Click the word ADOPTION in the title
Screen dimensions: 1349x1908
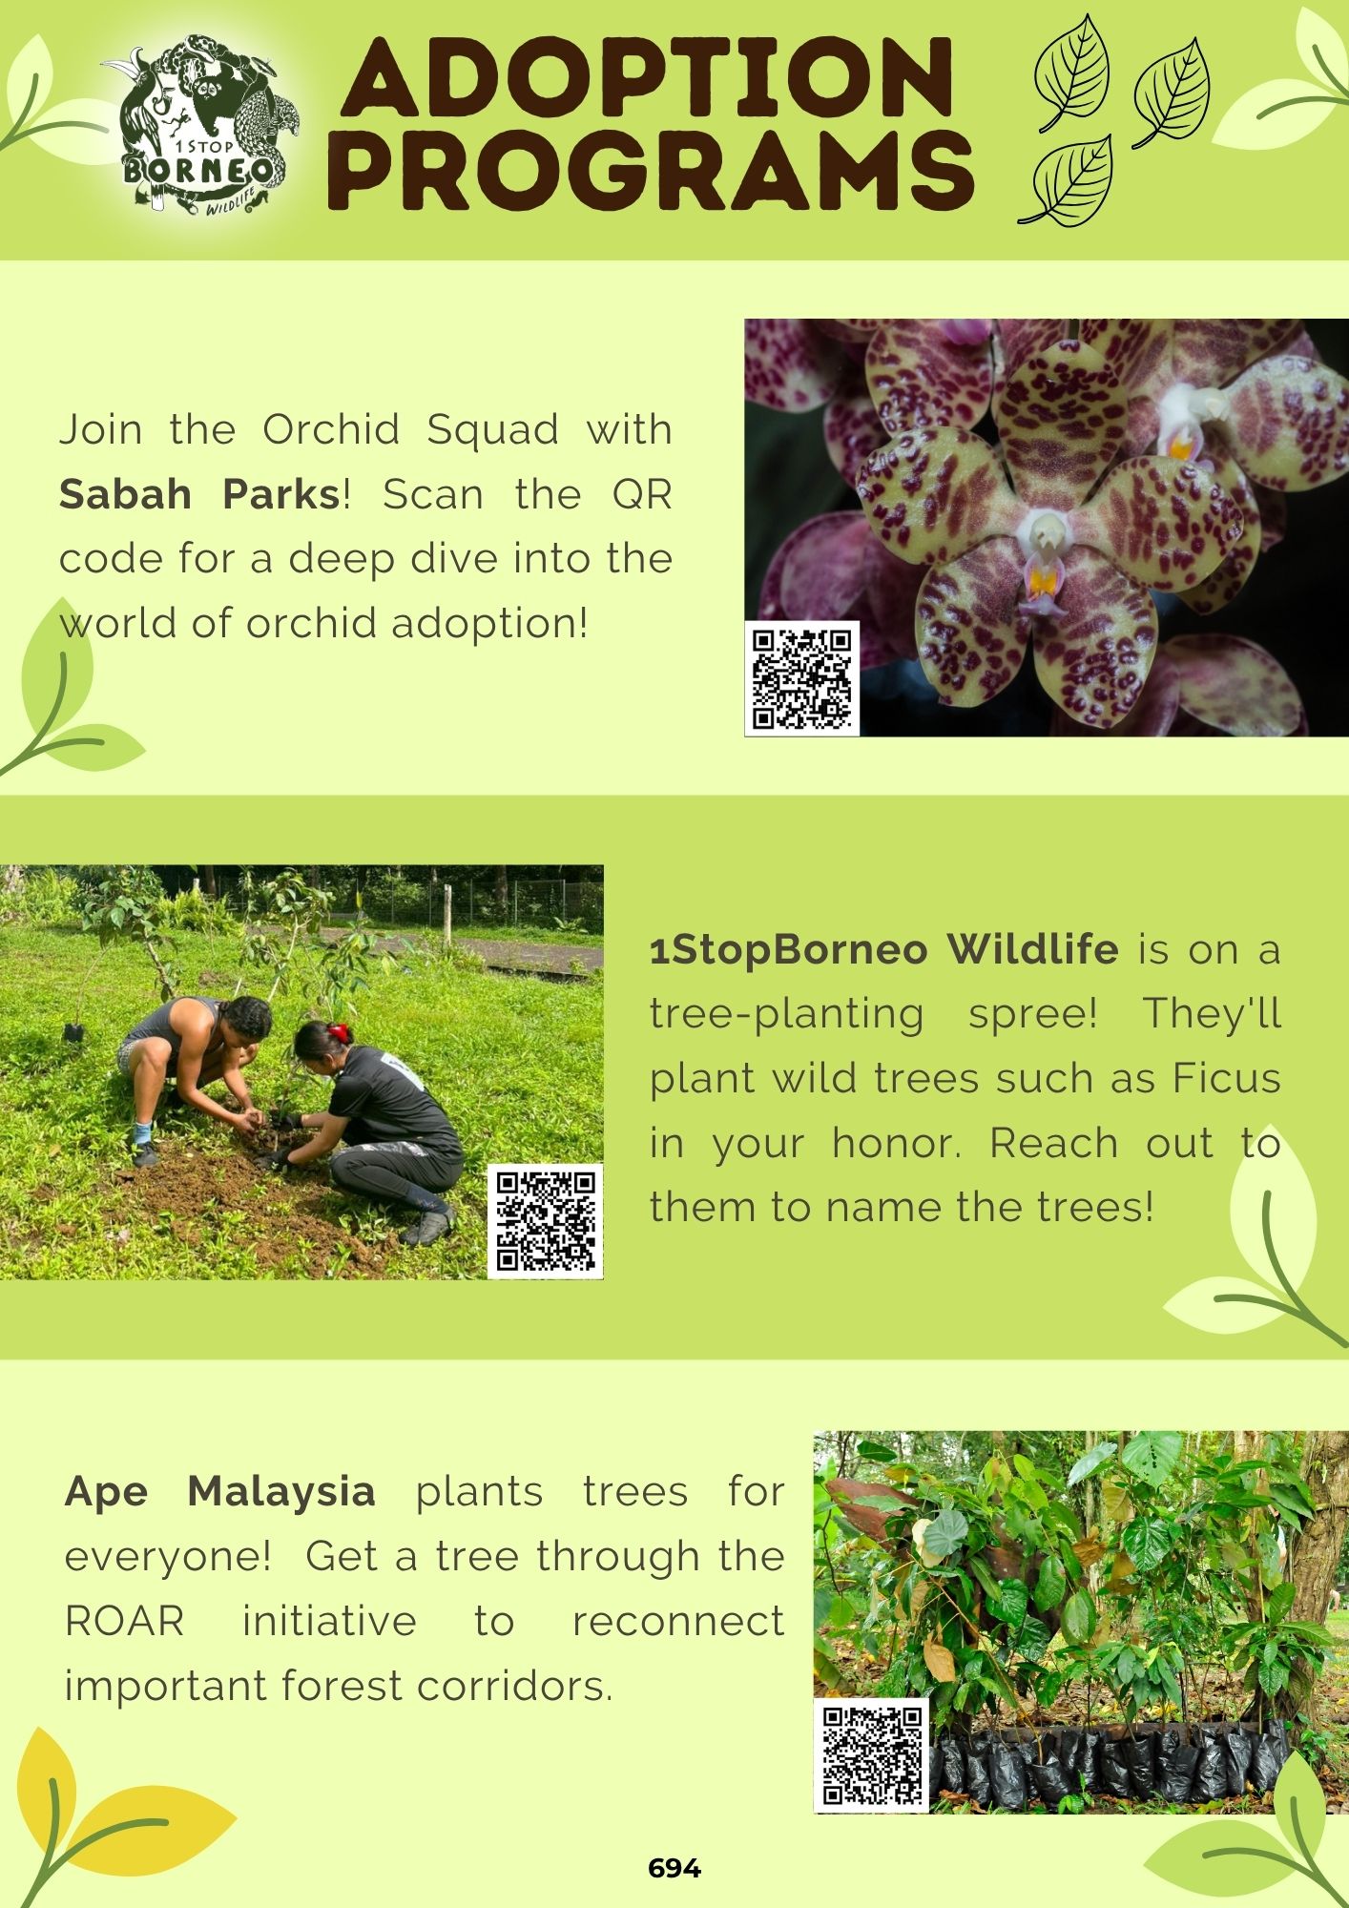point(648,78)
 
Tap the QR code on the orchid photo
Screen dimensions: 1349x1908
point(801,678)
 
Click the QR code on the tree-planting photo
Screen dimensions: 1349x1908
point(546,1221)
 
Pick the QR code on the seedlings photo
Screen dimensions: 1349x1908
point(871,1755)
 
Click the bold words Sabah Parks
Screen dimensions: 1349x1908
point(199,494)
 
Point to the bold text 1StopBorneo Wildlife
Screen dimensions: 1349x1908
point(883,949)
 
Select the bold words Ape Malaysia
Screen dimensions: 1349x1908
point(219,1491)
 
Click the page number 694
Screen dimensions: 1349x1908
point(674,1868)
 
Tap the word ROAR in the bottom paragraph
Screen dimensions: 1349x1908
point(124,1621)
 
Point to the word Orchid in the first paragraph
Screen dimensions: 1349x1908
point(331,429)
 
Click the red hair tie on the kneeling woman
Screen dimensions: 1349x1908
point(339,1033)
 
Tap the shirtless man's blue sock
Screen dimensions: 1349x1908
point(142,1133)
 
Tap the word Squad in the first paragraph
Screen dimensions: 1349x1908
point(492,430)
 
